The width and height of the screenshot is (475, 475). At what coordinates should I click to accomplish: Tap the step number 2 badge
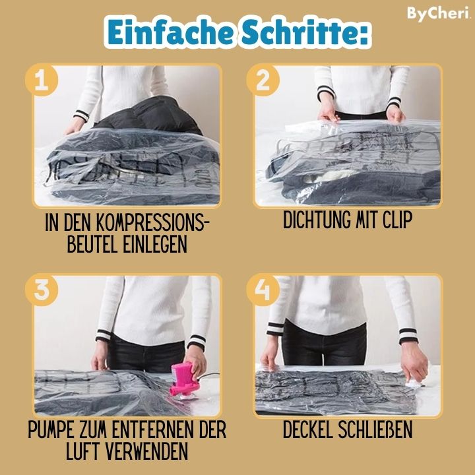263,80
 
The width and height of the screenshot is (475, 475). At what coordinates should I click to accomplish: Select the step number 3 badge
41,291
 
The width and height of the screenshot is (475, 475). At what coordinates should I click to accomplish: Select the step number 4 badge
263,291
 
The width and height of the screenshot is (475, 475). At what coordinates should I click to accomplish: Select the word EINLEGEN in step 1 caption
155,244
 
